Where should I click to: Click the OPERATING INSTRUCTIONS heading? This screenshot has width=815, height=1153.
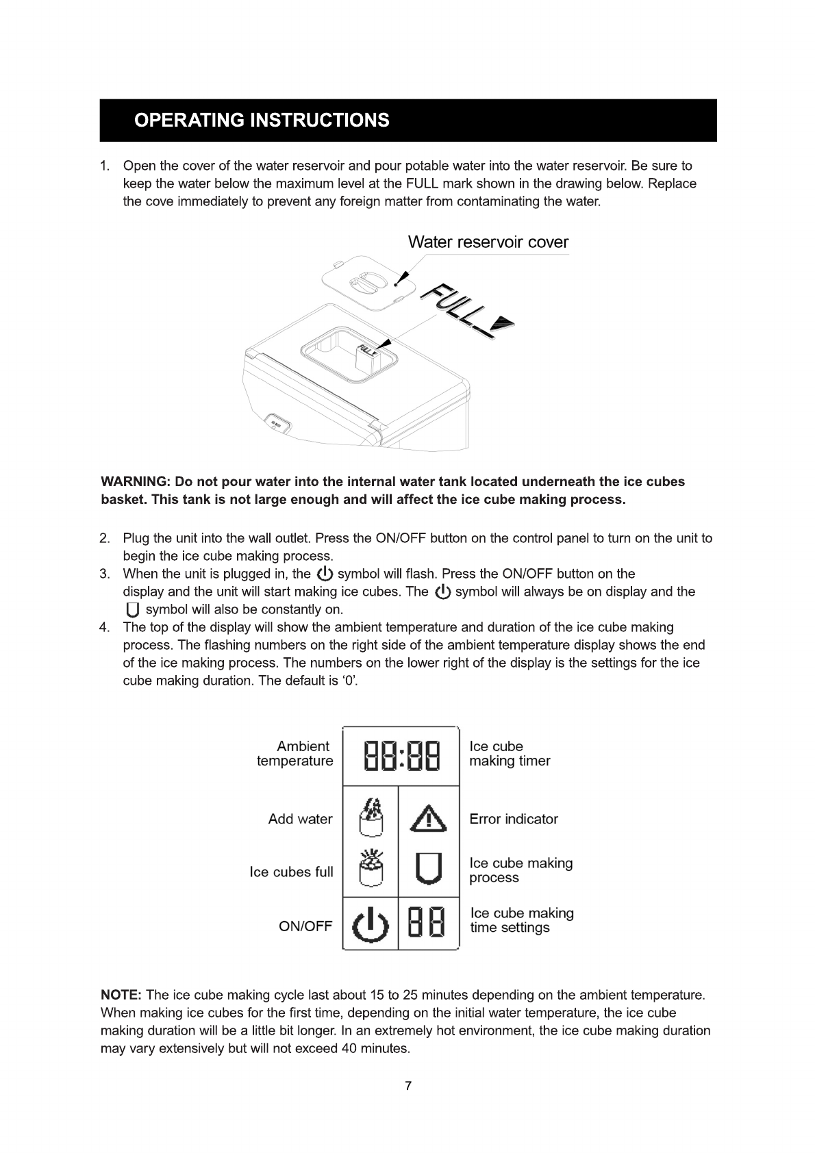point(262,121)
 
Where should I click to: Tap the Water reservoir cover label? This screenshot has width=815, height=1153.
point(488,242)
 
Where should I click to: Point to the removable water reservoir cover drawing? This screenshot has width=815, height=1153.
point(368,283)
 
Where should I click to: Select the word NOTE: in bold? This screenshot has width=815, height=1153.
point(121,995)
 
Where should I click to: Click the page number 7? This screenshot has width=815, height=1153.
point(408,1086)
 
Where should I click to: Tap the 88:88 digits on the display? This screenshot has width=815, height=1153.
point(401,756)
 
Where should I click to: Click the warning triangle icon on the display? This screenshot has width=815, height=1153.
point(429,818)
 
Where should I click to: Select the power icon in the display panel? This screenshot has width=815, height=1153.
point(370,925)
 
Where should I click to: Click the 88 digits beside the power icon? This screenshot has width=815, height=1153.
point(427,922)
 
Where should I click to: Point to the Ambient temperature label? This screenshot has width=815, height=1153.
point(295,754)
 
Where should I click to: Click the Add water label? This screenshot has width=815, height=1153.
point(300,819)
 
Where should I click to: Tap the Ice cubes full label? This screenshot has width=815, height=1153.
point(291,872)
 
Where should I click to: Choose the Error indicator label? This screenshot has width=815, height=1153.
point(514,819)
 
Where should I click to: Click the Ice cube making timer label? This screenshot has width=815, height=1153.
point(510,754)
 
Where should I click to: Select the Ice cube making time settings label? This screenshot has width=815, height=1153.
point(522,920)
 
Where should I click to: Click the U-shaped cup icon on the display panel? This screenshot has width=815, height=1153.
point(429,869)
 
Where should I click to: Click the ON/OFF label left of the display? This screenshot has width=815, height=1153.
point(305,926)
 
